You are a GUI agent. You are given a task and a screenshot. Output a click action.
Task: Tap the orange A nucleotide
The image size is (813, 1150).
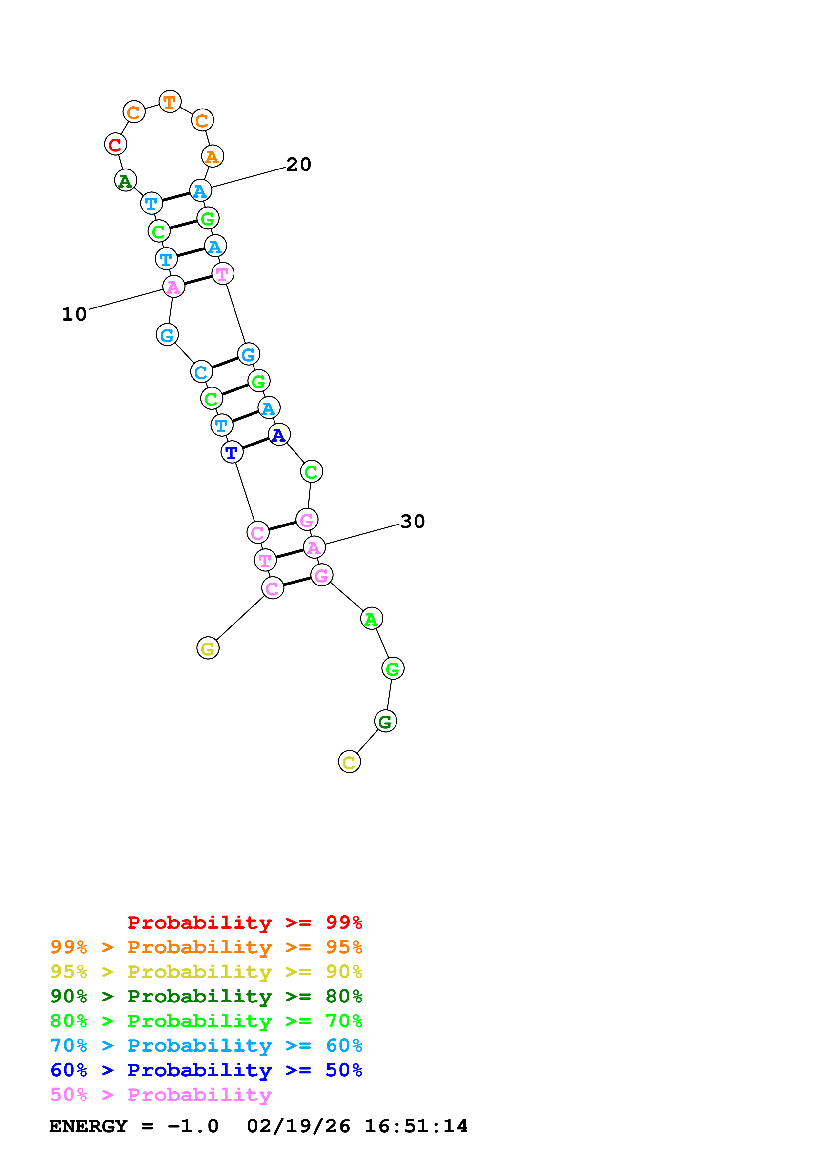coord(213,157)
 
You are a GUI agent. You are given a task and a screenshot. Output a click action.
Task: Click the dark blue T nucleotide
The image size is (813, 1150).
coord(232,453)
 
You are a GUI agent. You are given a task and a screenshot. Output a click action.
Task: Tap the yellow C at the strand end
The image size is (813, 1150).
coord(349,762)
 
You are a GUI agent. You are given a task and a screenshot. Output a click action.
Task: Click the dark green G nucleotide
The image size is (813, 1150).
coord(385,721)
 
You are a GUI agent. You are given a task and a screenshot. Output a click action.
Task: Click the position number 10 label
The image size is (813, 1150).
coord(74,315)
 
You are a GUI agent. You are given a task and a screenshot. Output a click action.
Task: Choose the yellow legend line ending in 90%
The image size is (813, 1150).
coord(206,972)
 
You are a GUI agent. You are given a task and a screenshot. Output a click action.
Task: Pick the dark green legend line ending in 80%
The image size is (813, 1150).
coord(206,996)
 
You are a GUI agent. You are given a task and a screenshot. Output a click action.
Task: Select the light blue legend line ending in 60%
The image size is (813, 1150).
coord(206,1045)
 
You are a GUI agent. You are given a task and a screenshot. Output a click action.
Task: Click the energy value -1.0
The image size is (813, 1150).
coord(193,1126)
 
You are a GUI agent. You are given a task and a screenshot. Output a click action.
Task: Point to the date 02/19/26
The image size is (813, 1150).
coord(298,1126)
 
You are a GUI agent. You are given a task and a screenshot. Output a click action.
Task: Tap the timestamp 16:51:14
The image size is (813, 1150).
coord(416,1126)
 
